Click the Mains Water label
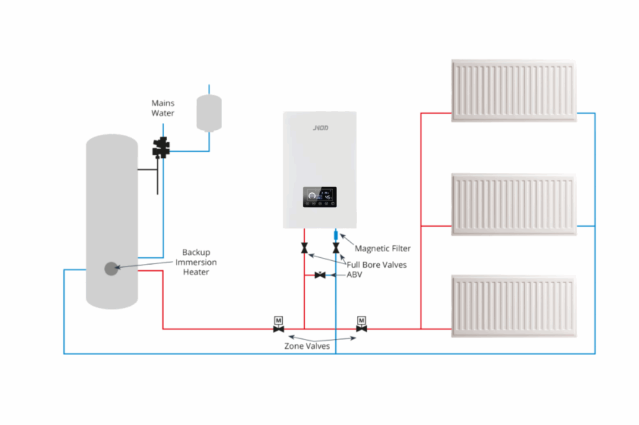pos(163,108)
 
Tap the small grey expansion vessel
pos(209,112)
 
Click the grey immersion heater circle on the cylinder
pos(111,269)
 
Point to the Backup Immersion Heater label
pos(195,263)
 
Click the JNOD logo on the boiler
pos(320,128)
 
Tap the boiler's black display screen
pos(319,197)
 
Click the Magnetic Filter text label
pos(383,248)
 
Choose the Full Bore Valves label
pos(376,265)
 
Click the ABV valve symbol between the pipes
pos(320,275)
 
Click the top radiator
pos(514,90)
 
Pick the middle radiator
pos(514,204)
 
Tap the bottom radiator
pos(514,306)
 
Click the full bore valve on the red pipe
pos(304,249)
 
